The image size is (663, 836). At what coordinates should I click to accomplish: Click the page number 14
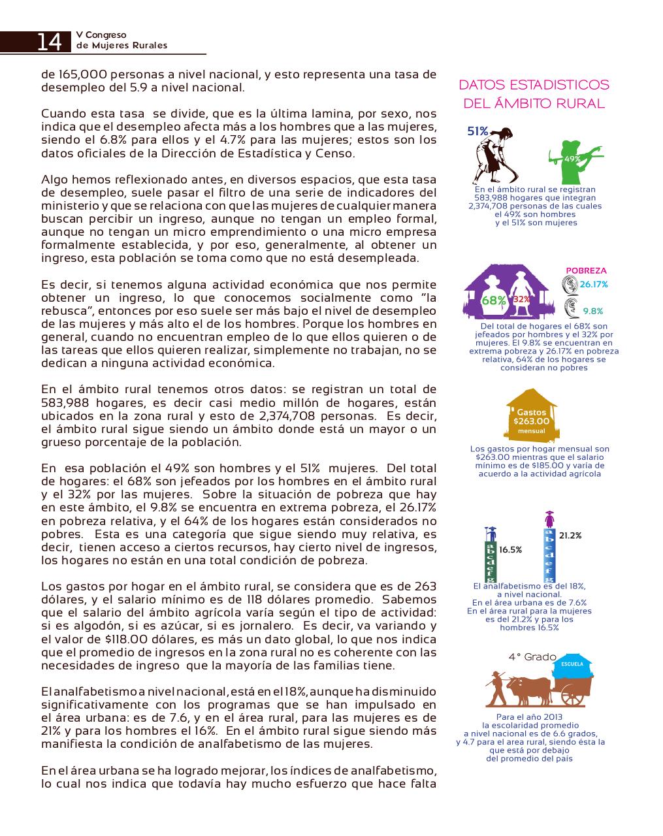tap(49, 42)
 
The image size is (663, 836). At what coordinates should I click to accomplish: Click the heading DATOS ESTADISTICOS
tap(534, 85)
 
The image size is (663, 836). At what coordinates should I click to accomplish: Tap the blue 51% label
tap(477, 131)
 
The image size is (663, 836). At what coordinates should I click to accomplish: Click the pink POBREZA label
tap(586, 270)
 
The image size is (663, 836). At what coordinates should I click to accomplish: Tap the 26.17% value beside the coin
tap(593, 284)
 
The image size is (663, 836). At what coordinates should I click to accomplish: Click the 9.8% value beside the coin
tap(592, 311)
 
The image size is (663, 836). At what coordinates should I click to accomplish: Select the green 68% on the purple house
tap(493, 300)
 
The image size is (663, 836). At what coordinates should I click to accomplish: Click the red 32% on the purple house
tap(521, 299)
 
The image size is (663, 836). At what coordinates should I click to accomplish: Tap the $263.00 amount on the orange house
tap(531, 421)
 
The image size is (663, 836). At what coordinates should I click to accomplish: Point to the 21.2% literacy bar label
tap(570, 536)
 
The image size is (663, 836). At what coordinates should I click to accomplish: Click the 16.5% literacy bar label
tap(510, 550)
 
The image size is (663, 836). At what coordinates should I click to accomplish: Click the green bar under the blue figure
tap(489, 562)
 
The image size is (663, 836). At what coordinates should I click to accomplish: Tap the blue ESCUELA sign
tap(572, 665)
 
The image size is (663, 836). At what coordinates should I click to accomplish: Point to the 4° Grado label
tap(532, 656)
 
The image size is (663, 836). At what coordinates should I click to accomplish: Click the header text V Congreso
tap(101, 35)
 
